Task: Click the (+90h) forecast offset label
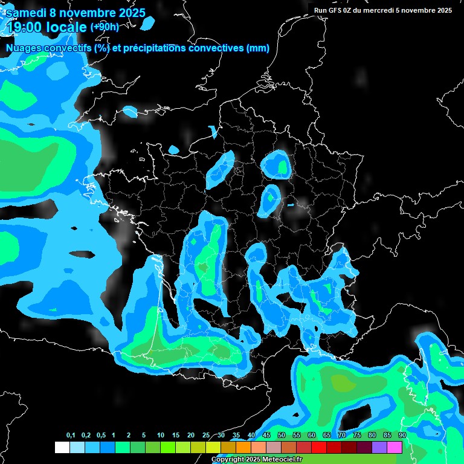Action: tap(104, 27)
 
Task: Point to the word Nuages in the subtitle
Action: tap(24, 48)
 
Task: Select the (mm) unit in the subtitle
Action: tap(257, 48)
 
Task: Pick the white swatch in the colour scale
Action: tap(62, 447)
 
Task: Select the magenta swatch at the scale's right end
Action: tap(395, 447)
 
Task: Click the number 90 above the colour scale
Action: tap(402, 435)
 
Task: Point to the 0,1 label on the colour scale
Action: tap(71, 435)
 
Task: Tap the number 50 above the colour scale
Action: tap(282, 435)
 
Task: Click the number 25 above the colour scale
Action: tap(206, 435)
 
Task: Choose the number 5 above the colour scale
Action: tap(144, 435)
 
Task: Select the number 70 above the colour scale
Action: tap(342, 435)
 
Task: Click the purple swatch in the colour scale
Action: tap(379, 447)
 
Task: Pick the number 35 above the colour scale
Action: tap(236, 435)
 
